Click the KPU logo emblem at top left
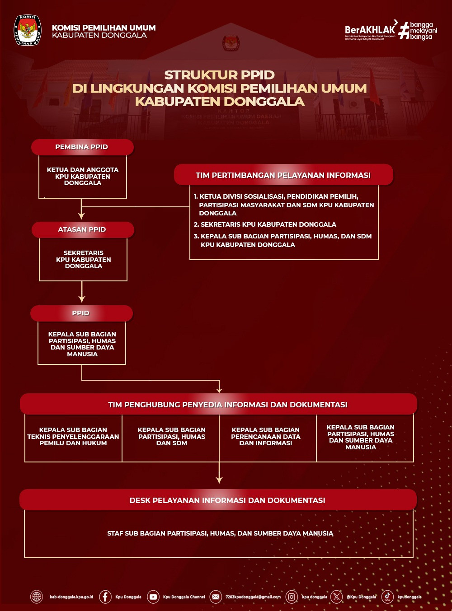click(x=28, y=30)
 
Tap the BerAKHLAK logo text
click(x=370, y=30)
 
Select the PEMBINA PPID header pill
click(x=82, y=147)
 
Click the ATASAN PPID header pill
click(x=82, y=229)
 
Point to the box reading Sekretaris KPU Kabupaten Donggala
click(x=83, y=260)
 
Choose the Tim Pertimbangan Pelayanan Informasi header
click(x=283, y=175)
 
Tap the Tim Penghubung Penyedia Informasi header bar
click(x=218, y=404)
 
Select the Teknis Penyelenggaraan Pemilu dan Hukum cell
click(x=73, y=437)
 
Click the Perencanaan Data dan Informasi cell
click(x=266, y=437)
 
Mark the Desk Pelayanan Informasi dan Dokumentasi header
click(x=218, y=500)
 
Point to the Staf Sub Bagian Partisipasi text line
click(x=220, y=533)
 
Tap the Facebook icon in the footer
click(x=105, y=597)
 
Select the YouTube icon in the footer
click(x=153, y=597)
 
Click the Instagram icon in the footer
click(x=292, y=597)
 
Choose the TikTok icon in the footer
click(x=387, y=597)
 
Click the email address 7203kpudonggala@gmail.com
click(x=253, y=597)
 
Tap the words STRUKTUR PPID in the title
click(x=219, y=75)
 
